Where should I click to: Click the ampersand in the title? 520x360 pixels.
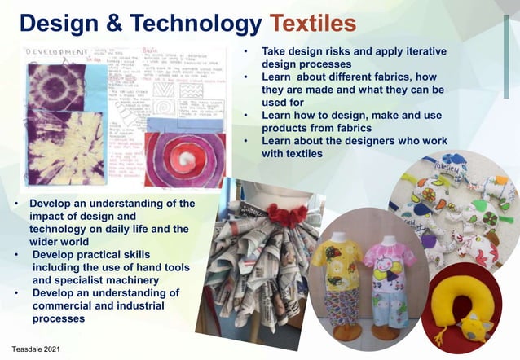point(108,22)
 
